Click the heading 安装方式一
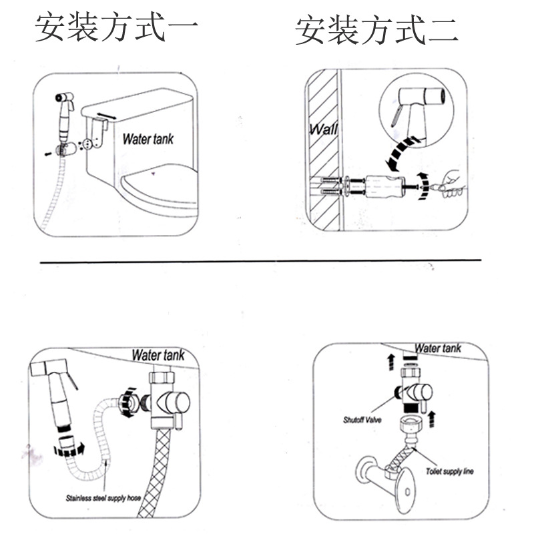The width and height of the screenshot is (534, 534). coord(116,27)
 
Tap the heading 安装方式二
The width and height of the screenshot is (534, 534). coord(376,31)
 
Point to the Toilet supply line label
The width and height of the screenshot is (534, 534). coord(449,471)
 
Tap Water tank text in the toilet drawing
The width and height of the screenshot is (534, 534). coord(148,139)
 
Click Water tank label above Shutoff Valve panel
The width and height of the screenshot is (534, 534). coord(437,348)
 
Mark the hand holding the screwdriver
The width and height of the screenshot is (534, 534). coord(451,183)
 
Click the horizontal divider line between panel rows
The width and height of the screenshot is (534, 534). coord(260,261)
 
